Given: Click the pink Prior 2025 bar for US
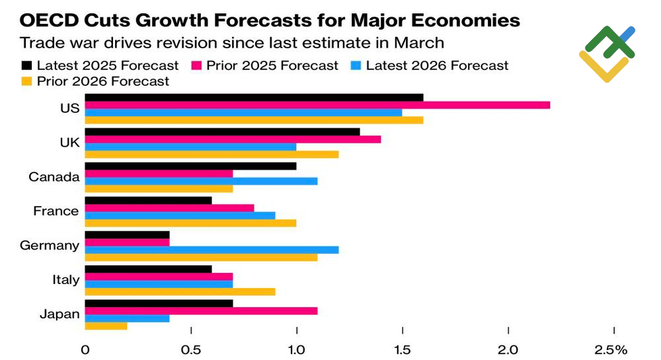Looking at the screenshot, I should (x=317, y=105).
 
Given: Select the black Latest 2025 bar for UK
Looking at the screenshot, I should (x=223, y=131).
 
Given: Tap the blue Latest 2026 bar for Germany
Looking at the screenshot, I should (x=212, y=250).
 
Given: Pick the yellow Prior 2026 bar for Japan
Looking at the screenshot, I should (x=106, y=326).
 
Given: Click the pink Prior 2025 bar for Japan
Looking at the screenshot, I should (x=201, y=310).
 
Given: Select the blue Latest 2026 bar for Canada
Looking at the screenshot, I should (x=201, y=181).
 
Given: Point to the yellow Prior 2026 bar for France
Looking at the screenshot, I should (x=190, y=223).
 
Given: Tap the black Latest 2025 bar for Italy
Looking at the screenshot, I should (x=149, y=269).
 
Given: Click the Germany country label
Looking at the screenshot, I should (x=50, y=246).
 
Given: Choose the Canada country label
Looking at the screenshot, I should (x=54, y=177).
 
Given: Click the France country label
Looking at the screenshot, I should (x=56, y=211).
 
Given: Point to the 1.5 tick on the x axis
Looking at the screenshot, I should (x=402, y=349).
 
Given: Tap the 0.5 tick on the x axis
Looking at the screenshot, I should (x=191, y=349).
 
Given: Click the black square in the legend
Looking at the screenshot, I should (x=26, y=65).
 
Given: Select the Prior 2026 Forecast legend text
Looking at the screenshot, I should (x=102, y=82).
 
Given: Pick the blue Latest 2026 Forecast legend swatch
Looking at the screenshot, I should (x=355, y=65).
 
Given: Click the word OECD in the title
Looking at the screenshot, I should (x=46, y=21).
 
